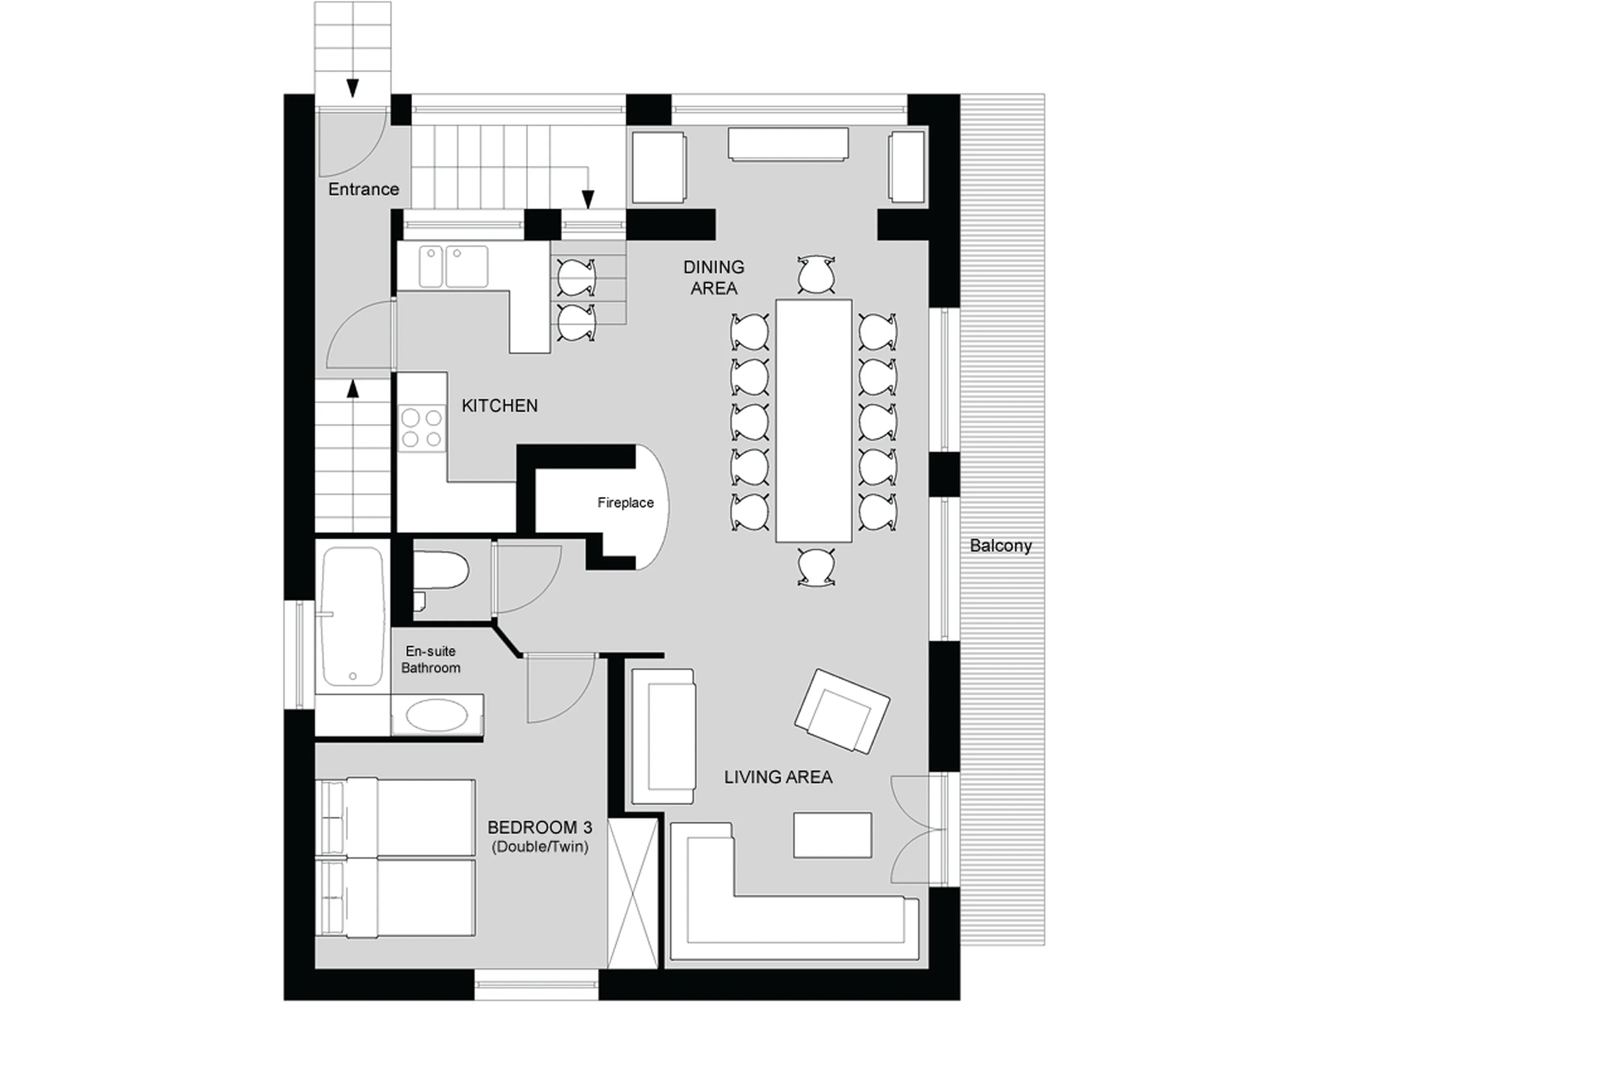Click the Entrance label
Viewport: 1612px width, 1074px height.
(x=363, y=189)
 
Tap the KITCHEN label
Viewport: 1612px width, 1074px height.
(x=500, y=405)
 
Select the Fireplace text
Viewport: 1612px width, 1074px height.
(x=625, y=503)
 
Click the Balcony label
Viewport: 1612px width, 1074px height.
(x=1000, y=546)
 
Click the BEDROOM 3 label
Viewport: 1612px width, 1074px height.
(x=539, y=827)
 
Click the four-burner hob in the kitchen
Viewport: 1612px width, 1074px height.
(x=421, y=428)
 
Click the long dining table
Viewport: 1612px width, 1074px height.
(x=813, y=420)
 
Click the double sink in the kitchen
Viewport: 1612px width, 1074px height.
(x=453, y=267)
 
